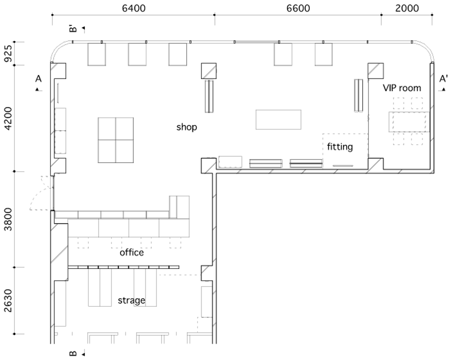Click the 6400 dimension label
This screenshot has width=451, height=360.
click(134, 8)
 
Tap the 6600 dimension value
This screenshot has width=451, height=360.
click(298, 8)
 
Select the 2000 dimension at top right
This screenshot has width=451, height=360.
click(407, 8)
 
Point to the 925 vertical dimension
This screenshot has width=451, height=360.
click(9, 54)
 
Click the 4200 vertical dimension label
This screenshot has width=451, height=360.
click(9, 118)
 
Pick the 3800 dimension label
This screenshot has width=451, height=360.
click(9, 219)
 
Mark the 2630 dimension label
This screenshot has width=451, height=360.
click(9, 301)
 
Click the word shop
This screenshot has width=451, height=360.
click(187, 127)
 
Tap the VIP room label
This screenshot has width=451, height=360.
click(402, 87)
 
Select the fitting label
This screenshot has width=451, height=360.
click(340, 147)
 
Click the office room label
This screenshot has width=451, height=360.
click(132, 253)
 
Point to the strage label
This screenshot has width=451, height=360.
click(131, 301)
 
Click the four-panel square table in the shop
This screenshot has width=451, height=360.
click(115, 140)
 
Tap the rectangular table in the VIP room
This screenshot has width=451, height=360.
click(409, 122)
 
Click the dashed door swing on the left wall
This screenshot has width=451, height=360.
click(41, 193)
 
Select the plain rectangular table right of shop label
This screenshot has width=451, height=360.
click(278, 119)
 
